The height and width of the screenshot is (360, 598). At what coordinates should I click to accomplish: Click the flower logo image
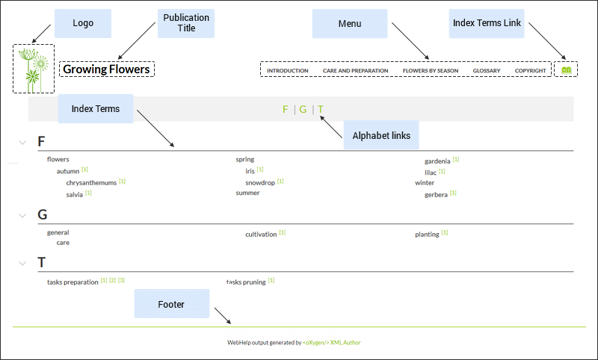(34, 69)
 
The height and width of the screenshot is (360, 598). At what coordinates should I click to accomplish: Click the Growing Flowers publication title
(106, 69)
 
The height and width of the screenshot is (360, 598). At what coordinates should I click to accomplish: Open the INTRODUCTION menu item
(288, 70)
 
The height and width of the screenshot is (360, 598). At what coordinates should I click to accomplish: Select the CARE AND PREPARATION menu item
(356, 70)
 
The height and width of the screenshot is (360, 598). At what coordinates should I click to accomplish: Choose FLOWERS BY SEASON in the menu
(431, 70)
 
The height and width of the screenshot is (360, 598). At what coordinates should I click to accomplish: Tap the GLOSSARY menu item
(487, 70)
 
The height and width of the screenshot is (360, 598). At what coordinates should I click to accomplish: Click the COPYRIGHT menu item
(531, 70)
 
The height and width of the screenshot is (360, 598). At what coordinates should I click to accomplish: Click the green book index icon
(567, 70)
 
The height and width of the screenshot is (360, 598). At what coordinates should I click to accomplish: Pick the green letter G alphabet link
(303, 109)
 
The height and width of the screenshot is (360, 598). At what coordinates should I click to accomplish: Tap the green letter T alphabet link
(321, 109)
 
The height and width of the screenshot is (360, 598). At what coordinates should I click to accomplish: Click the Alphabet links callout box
(381, 135)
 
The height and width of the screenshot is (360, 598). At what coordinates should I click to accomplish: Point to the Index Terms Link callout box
(487, 23)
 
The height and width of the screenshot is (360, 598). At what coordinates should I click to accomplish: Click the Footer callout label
(172, 304)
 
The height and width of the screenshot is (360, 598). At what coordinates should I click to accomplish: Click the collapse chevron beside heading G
(22, 216)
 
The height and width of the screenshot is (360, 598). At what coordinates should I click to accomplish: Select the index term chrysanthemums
(91, 183)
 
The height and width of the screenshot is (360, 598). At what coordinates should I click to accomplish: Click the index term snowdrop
(260, 183)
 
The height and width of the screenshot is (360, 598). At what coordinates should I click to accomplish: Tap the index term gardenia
(437, 161)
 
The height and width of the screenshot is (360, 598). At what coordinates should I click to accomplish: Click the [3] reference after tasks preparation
(121, 280)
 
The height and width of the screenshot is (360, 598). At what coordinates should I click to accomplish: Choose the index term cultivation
(261, 235)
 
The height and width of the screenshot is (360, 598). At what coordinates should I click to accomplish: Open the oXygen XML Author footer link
(331, 343)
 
